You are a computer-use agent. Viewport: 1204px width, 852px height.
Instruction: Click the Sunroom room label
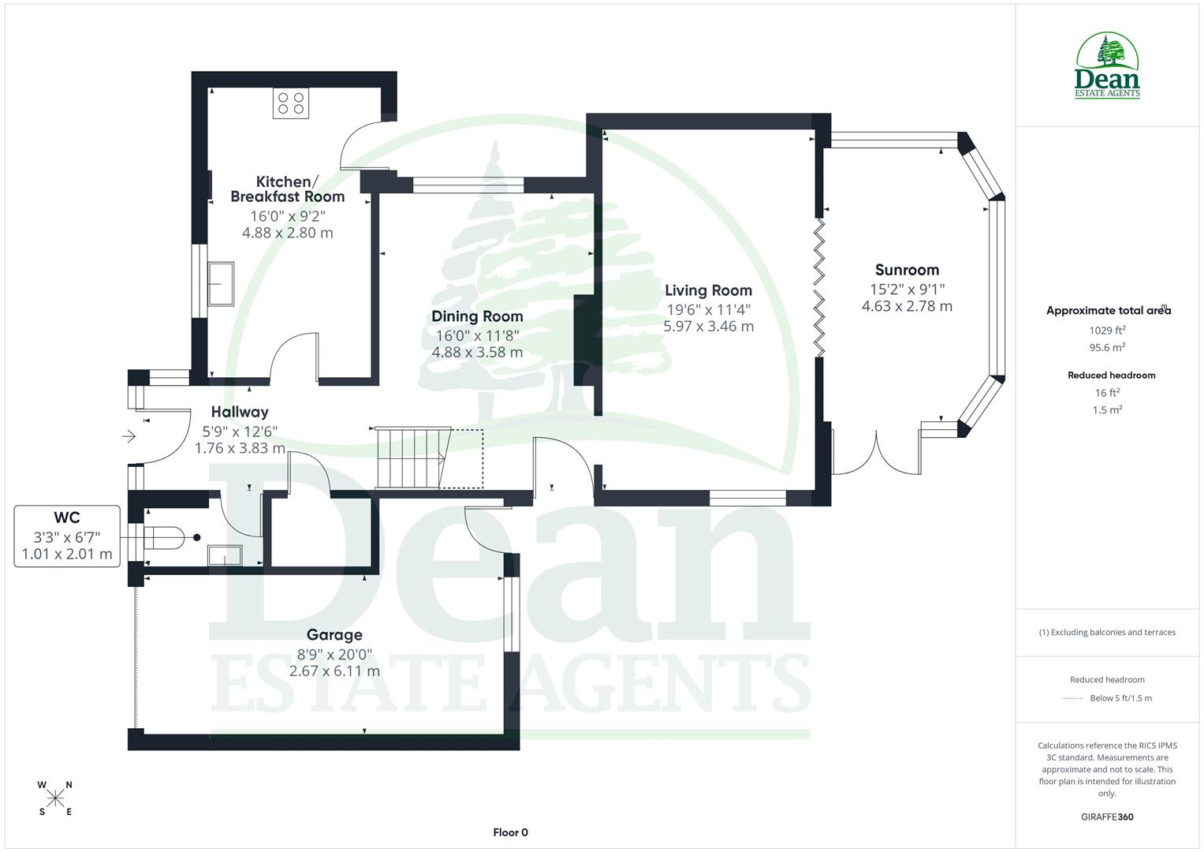[x=907, y=270]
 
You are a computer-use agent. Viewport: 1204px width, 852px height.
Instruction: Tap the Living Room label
[x=708, y=290]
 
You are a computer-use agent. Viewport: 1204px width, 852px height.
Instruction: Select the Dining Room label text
[x=477, y=316]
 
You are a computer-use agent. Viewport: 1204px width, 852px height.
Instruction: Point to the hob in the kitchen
[x=291, y=103]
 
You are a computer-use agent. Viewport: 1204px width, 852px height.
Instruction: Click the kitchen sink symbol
[x=220, y=283]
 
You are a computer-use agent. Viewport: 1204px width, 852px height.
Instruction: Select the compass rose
[x=55, y=798]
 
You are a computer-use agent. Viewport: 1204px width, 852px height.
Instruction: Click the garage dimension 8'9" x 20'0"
[x=334, y=654]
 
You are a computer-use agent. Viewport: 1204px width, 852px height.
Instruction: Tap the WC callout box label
[x=67, y=518]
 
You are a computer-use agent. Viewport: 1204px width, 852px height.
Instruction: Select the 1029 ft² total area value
[x=1107, y=331]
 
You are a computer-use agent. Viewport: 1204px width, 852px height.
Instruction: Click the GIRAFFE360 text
[x=1107, y=817]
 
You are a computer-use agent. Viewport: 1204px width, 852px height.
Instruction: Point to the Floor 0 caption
[x=510, y=832]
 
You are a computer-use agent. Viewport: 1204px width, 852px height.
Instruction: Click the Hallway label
[x=240, y=412]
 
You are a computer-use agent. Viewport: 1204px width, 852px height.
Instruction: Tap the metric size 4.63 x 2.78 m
[x=907, y=306]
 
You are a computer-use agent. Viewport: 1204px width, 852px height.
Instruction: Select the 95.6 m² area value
[x=1107, y=347]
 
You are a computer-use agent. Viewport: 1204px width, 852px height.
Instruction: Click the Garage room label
[x=334, y=635]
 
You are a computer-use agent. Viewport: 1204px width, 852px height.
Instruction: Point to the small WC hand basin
[x=224, y=556]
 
